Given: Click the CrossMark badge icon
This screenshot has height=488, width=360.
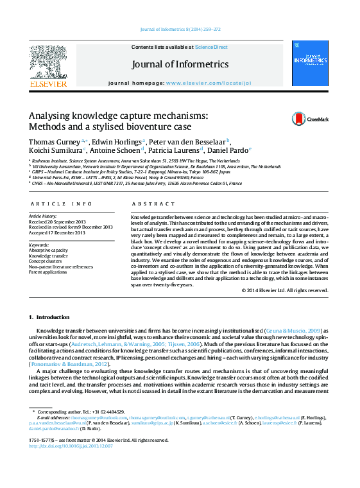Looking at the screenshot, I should [x=281, y=119].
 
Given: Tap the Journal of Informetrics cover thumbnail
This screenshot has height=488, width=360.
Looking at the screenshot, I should [x=310, y=63].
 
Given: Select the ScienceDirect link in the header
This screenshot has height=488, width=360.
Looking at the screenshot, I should [x=211, y=47].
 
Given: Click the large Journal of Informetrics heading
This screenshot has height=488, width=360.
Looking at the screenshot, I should [x=180, y=65].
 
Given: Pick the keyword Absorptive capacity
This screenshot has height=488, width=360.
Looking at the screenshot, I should [x=49, y=250].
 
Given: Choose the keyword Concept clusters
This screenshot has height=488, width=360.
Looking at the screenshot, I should [x=46, y=261].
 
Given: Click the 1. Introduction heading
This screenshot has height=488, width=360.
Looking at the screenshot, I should [x=49, y=317].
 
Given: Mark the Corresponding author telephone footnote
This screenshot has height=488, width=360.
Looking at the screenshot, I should [x=80, y=412].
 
